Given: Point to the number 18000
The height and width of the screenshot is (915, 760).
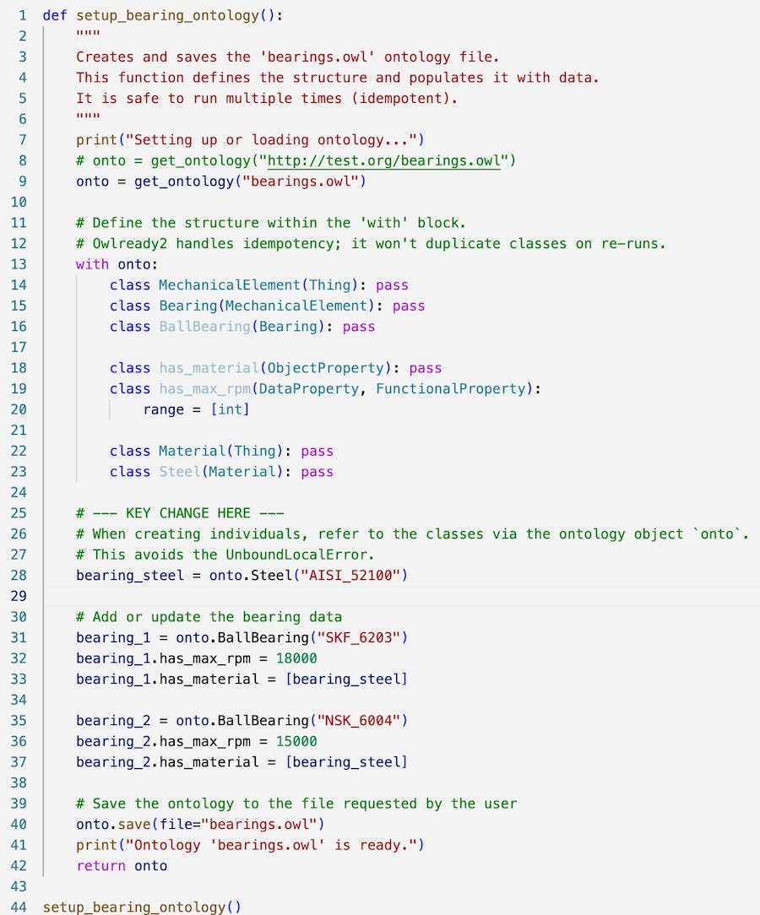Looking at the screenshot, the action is [296, 658].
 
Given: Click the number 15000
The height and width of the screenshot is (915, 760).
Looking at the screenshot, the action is [296, 741].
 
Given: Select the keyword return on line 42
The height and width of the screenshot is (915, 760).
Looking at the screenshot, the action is [100, 866].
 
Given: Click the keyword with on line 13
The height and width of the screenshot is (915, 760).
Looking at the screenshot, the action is [92, 264].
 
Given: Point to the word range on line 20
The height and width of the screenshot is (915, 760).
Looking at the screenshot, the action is [164, 409].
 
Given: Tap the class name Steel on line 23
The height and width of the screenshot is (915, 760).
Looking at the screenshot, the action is [180, 472].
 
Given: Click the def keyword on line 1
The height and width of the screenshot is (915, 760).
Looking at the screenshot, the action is [55, 15].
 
